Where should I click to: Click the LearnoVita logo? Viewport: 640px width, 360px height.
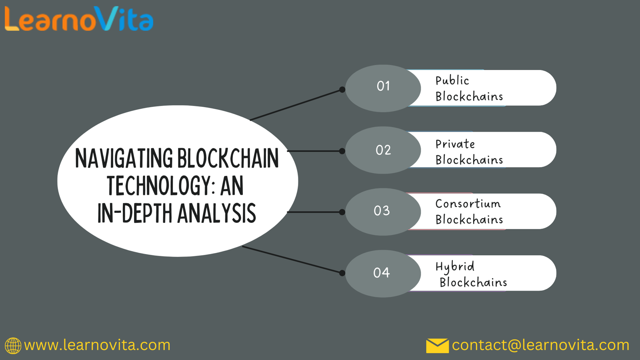pyautogui.click(x=79, y=18)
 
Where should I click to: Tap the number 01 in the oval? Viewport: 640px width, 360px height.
pyautogui.click(x=383, y=86)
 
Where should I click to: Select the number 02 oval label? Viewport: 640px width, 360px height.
pyautogui.click(x=383, y=150)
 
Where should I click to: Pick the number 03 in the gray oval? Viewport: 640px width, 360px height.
pyautogui.click(x=382, y=211)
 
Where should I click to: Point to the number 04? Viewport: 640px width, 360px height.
pyautogui.click(x=382, y=272)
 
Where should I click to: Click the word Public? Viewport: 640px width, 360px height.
pyautogui.click(x=452, y=80)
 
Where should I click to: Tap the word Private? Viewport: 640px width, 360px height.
pyautogui.click(x=455, y=144)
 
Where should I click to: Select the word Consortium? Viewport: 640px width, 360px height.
pyautogui.click(x=468, y=204)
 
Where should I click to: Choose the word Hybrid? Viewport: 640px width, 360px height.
pyautogui.click(x=455, y=267)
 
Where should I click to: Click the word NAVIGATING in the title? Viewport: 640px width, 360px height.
pyautogui.click(x=124, y=158)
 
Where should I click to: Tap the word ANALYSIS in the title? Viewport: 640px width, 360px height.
pyautogui.click(x=216, y=213)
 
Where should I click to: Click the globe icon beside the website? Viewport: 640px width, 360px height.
pyautogui.click(x=13, y=346)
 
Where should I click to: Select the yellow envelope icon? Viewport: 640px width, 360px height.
pyautogui.click(x=438, y=346)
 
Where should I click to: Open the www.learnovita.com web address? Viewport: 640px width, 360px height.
pyautogui.click(x=97, y=345)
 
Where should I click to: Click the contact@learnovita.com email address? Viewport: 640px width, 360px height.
pyautogui.click(x=540, y=345)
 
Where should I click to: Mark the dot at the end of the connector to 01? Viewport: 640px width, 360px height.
pyautogui.click(x=342, y=90)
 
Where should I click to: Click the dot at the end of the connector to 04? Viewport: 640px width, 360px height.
pyautogui.click(x=342, y=273)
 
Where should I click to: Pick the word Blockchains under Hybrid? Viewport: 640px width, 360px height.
pyautogui.click(x=473, y=282)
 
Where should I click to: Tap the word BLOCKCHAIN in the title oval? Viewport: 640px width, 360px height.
pyautogui.click(x=228, y=158)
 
